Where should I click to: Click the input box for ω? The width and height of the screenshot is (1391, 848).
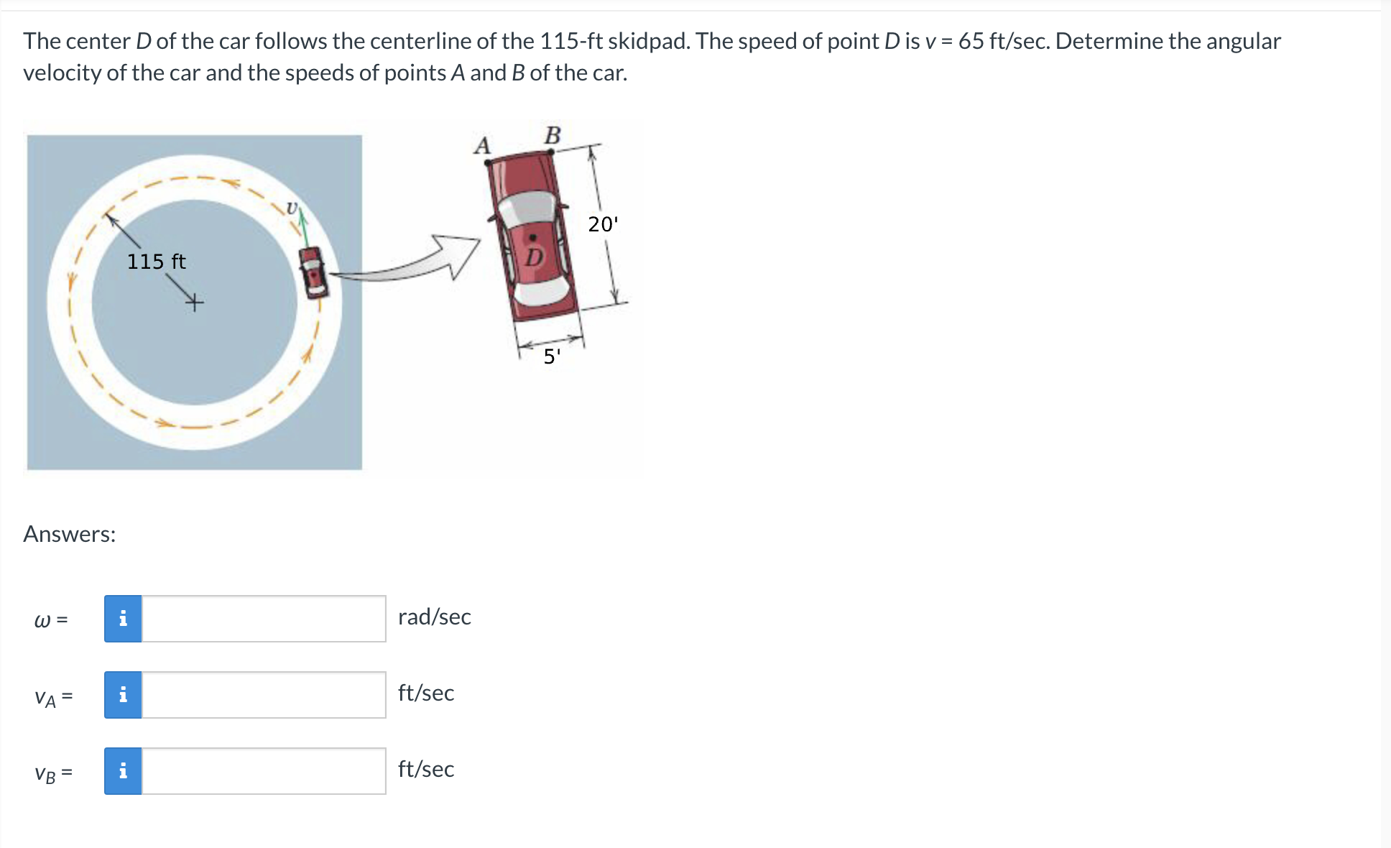click(x=264, y=619)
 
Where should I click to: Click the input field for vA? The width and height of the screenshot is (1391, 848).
click(x=264, y=695)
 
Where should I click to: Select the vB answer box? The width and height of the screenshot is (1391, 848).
click(x=264, y=771)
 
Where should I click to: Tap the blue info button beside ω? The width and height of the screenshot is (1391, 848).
click(x=123, y=619)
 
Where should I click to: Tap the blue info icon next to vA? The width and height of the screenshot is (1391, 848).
click(x=123, y=695)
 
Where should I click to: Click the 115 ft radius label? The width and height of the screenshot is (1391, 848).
click(x=156, y=262)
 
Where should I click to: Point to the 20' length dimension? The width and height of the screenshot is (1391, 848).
click(x=602, y=224)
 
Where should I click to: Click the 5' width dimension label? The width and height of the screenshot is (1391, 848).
click(x=551, y=356)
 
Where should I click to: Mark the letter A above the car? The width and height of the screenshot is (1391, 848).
click(x=482, y=146)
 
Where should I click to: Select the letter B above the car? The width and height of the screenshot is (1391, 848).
click(x=553, y=135)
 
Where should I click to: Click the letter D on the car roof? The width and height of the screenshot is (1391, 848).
click(x=534, y=257)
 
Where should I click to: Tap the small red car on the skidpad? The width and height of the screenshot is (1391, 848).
click(x=313, y=272)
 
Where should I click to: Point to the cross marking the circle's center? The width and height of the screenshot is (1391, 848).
click(x=194, y=303)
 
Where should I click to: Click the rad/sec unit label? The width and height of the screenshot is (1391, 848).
click(x=434, y=617)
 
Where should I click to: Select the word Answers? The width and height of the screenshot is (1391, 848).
click(x=70, y=534)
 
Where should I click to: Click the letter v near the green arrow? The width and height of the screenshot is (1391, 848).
click(x=291, y=208)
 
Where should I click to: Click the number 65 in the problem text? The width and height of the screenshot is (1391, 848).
click(x=971, y=41)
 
